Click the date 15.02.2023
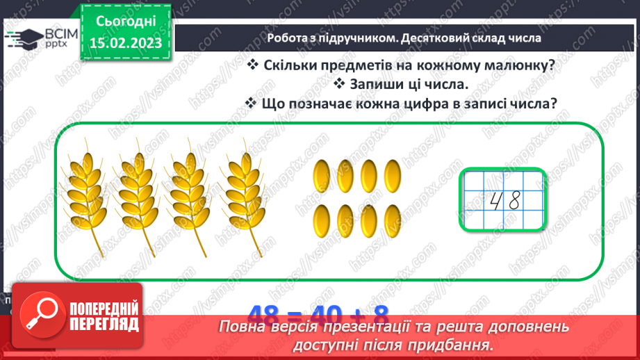pyautogui.click(x=125, y=42)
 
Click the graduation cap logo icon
pyautogui.click(x=22, y=38)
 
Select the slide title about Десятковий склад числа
pyautogui.click(x=404, y=38)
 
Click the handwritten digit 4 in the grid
pyautogui.click(x=496, y=201)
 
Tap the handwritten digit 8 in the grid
pyautogui.click(x=514, y=201)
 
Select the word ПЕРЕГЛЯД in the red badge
pyautogui.click(x=104, y=324)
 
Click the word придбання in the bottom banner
pyautogui.click(x=452, y=345)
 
